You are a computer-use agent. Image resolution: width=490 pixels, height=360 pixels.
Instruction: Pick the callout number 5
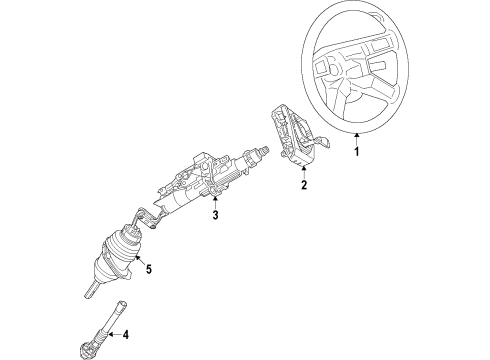148,268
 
